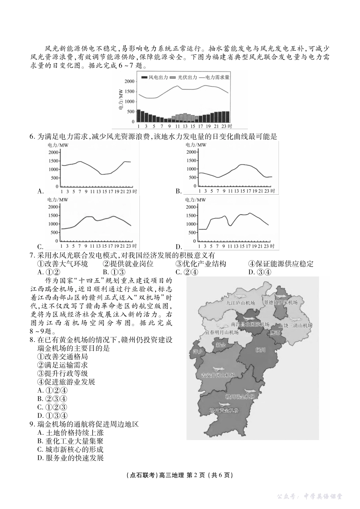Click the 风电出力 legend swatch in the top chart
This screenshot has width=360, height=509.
point(144,78)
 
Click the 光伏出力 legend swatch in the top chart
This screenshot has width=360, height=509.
point(173,78)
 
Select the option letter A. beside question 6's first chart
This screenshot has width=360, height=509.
point(41,191)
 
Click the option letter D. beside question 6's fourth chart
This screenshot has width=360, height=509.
point(179,246)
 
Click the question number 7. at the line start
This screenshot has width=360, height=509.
point(32,256)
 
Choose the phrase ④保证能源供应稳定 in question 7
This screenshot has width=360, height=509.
point(281,264)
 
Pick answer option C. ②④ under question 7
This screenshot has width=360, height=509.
point(186,272)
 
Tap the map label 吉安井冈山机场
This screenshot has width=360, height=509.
point(218,375)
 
